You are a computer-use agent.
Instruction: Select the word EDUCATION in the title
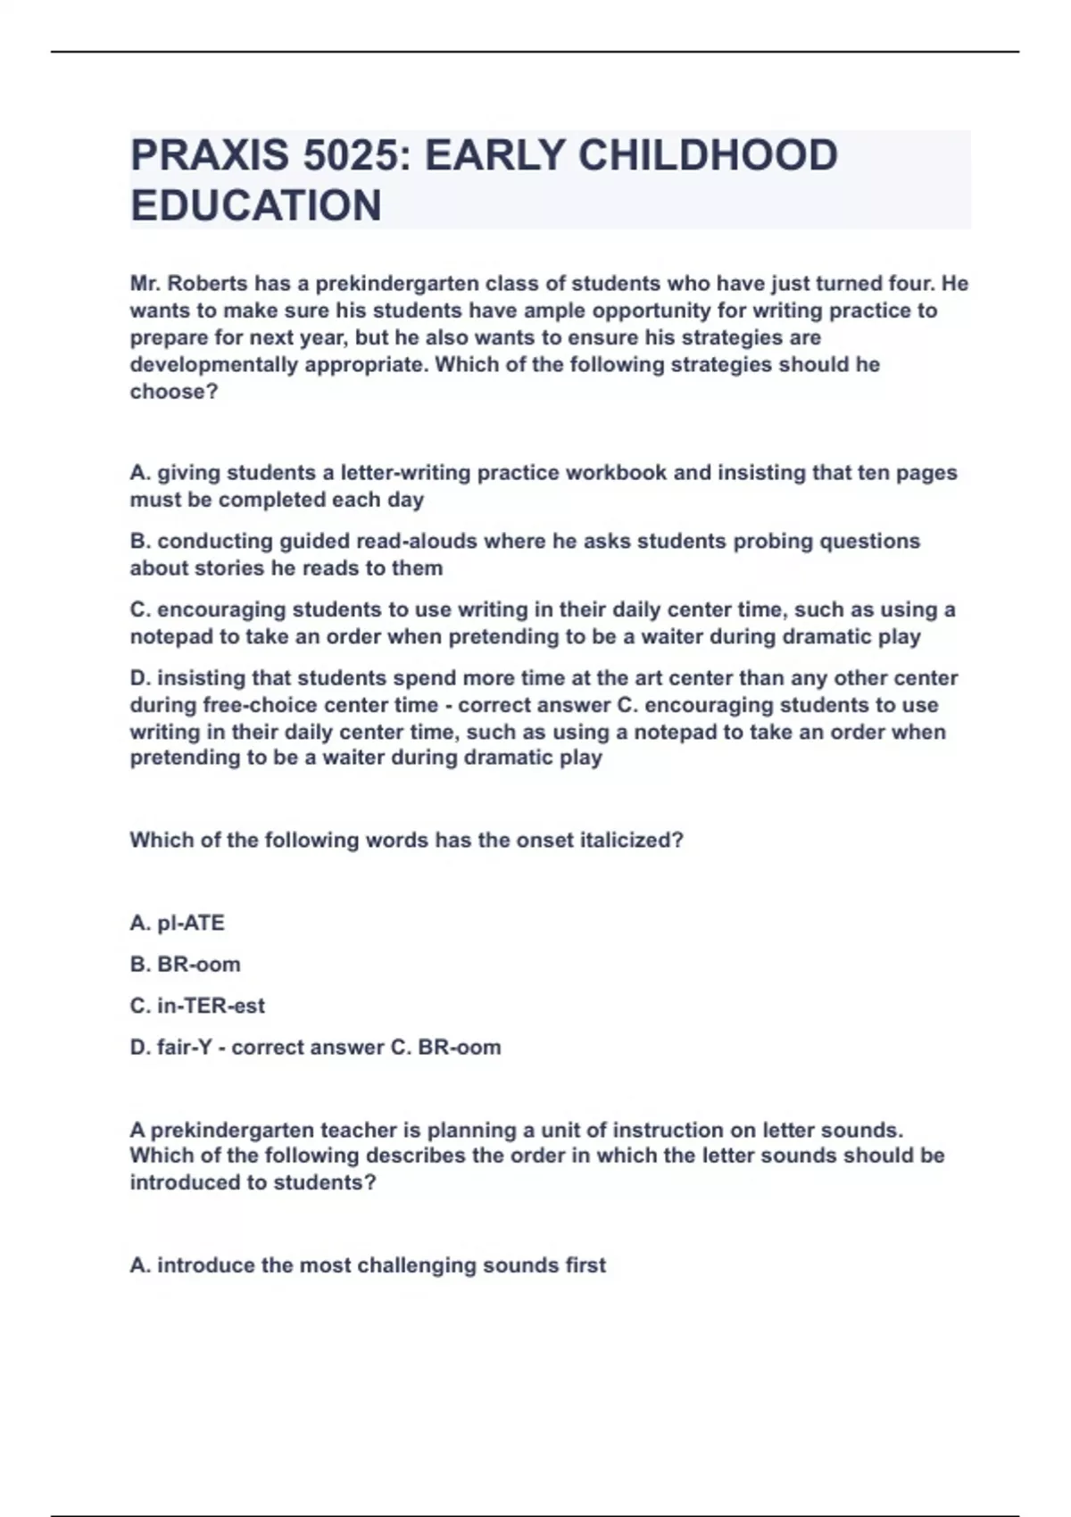[256, 206]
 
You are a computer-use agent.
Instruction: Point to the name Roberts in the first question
[210, 284]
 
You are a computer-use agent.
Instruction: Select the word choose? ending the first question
[174, 392]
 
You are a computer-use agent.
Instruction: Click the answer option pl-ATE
[190, 923]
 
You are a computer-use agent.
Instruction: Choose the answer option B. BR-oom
[186, 965]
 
